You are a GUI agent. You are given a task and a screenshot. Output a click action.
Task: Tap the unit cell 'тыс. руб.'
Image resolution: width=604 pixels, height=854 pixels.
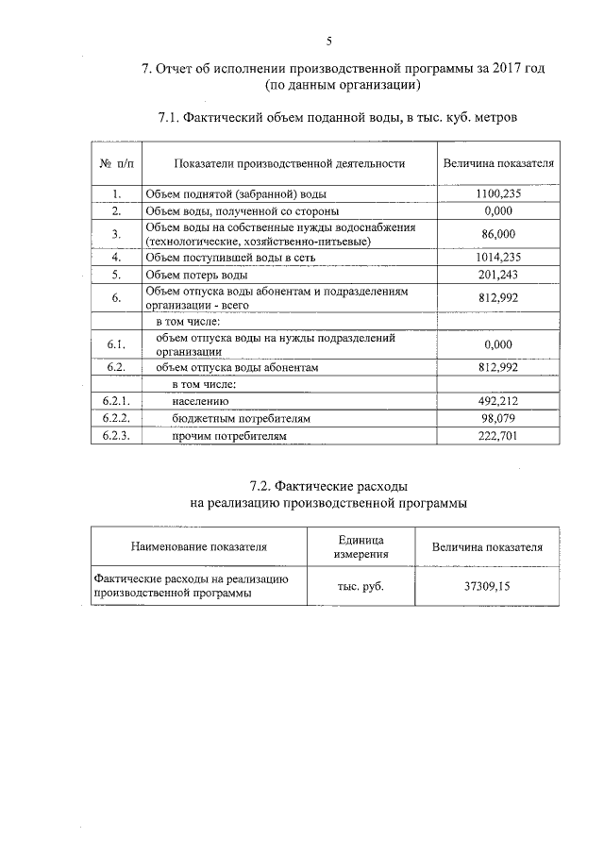click(x=361, y=585)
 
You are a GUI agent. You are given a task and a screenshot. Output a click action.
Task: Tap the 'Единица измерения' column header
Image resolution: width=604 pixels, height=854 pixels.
click(x=361, y=544)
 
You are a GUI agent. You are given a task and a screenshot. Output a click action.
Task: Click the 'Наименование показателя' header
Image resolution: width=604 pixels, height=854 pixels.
click(x=199, y=545)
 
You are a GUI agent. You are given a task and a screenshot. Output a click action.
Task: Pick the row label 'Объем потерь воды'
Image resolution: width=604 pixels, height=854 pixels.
click(x=195, y=275)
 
